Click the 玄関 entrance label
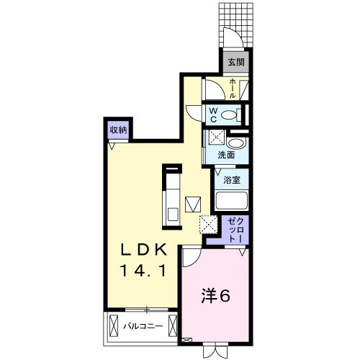pos(235,63)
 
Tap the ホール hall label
pos(233,89)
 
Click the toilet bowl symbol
pos(228,114)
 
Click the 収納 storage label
pos(119,130)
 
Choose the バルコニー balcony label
pos(142,326)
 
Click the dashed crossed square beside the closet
pos(209,225)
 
